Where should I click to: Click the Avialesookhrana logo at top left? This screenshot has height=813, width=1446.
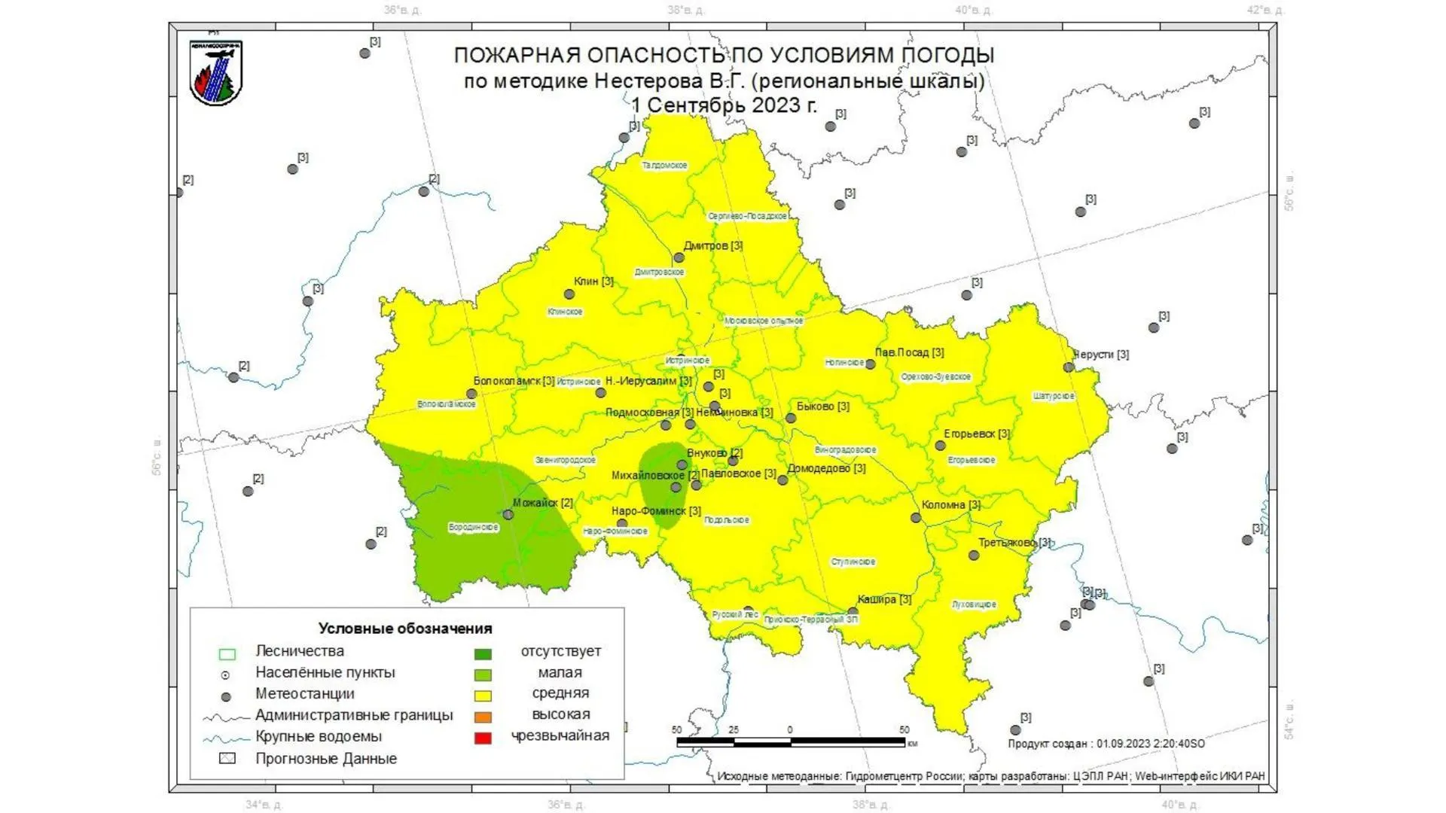216,73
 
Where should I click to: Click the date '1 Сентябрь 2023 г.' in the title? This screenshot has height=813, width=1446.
724,105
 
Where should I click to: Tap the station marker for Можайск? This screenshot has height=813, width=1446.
508,515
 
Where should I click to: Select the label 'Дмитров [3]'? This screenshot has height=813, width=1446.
712,245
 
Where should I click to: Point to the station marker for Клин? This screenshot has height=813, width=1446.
570,294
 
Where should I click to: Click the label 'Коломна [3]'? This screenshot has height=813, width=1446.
950,505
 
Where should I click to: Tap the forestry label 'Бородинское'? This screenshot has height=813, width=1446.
473,527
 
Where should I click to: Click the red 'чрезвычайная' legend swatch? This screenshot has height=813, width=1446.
483,738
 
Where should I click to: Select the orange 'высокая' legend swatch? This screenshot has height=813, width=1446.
483,717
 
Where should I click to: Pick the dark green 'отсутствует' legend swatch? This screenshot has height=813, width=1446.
483,654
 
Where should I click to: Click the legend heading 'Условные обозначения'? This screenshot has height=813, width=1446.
405,629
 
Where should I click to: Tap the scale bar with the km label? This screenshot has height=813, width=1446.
791,741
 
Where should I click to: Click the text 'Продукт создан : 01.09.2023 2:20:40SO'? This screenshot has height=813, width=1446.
1106,744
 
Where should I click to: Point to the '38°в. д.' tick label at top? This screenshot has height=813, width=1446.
686,11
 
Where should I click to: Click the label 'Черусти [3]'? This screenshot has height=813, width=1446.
1100,355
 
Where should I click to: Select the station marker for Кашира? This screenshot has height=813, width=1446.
853,612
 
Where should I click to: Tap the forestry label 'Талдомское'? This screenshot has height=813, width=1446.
664,165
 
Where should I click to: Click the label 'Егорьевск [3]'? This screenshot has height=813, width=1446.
976,434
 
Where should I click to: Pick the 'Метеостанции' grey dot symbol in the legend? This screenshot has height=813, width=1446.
225,697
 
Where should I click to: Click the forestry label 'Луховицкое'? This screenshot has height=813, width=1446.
974,604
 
